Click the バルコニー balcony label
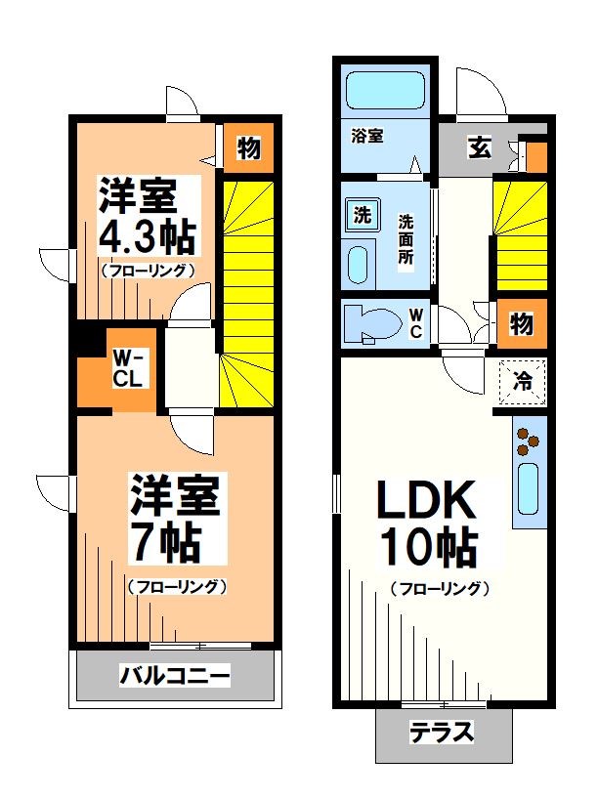tap(175, 676)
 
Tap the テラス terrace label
tap(442, 732)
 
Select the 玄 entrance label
tap(479, 148)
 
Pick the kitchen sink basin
tap(529, 488)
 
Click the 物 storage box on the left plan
tap(248, 149)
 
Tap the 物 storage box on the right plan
tap(522, 324)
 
